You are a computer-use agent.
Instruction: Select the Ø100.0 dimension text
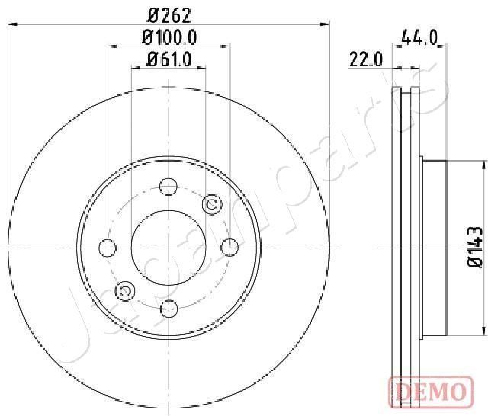(x=169, y=37)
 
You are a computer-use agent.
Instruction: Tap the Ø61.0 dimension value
(x=169, y=58)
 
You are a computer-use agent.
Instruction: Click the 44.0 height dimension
(x=416, y=36)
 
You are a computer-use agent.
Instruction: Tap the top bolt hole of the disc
(x=169, y=186)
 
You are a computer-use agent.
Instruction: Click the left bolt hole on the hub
(x=108, y=247)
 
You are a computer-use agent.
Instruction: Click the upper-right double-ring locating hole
(x=211, y=203)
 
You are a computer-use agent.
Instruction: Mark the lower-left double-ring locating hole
(x=125, y=290)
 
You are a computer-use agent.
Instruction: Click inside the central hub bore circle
(x=169, y=247)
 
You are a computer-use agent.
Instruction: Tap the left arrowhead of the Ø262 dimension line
(x=11, y=24)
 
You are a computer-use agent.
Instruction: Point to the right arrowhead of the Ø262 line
(x=327, y=24)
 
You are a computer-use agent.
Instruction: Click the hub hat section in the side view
(x=435, y=247)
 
